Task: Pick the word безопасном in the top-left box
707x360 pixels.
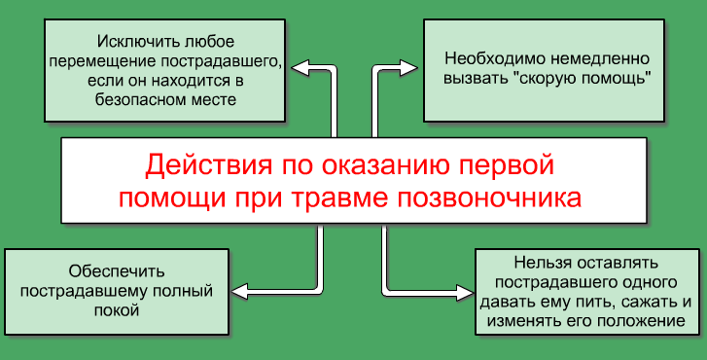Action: point(135,99)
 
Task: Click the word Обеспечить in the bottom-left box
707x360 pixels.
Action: point(112,270)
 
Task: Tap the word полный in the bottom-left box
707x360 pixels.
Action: point(184,291)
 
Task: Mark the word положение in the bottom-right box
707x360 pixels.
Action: point(635,321)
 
